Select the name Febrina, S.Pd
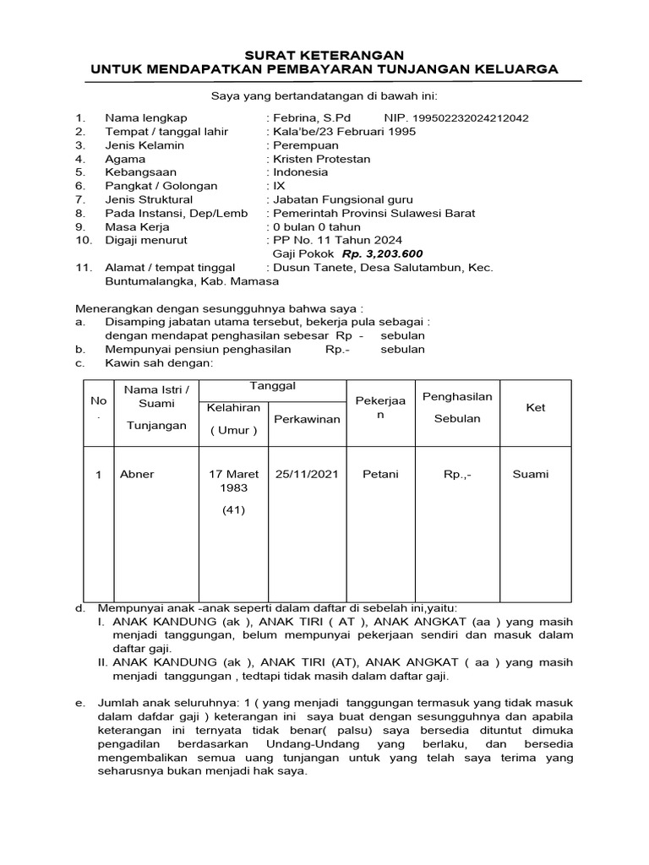point(310,117)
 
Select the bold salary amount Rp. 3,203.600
point(382,254)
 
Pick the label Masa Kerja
point(137,227)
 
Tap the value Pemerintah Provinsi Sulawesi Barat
point(373,214)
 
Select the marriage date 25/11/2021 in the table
point(307,475)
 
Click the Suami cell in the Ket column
point(530,475)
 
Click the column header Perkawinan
point(307,419)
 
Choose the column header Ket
point(536,408)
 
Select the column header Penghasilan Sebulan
point(457,407)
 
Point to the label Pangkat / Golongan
point(161,186)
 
